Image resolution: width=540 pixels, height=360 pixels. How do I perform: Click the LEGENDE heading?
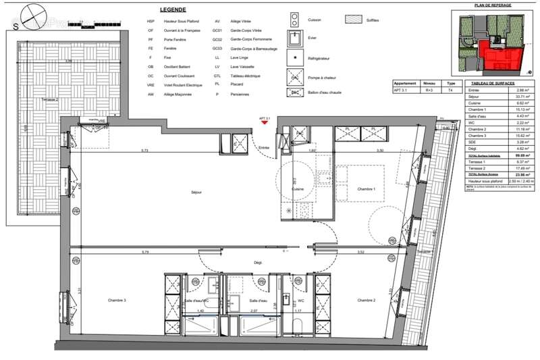click(x=174, y=9)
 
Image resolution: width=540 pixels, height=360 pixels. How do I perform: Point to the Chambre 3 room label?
click(x=117, y=300)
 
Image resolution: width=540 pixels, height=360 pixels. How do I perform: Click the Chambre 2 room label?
click(x=367, y=300)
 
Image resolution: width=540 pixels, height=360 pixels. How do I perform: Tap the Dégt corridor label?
click(x=258, y=262)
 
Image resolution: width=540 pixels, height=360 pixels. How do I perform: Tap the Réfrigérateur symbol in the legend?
click(x=294, y=59)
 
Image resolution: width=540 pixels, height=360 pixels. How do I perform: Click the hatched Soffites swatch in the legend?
click(x=354, y=20)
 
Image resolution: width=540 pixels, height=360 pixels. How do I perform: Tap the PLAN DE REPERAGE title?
click(x=493, y=5)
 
